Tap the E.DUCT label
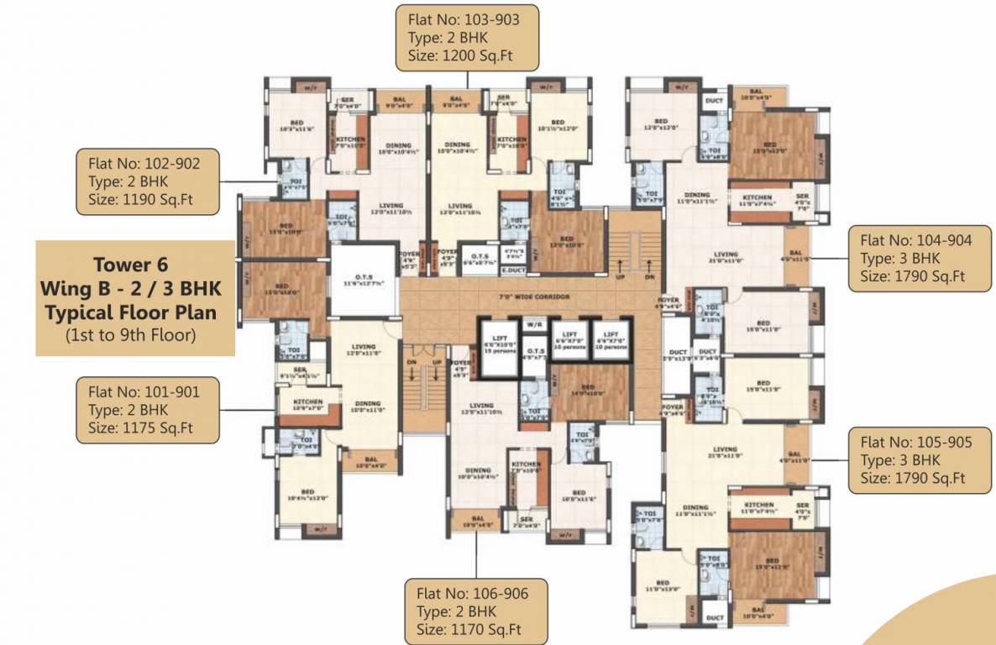pos(511,270)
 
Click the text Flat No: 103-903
pos(456,18)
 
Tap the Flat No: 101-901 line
pos(137,391)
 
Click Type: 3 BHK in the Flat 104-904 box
pos(900,258)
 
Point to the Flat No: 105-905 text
pos(913,442)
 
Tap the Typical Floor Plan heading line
pos(135,313)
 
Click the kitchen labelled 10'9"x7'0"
pos(308,406)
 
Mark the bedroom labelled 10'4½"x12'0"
pos(307,496)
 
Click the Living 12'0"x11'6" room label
pos(363,350)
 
